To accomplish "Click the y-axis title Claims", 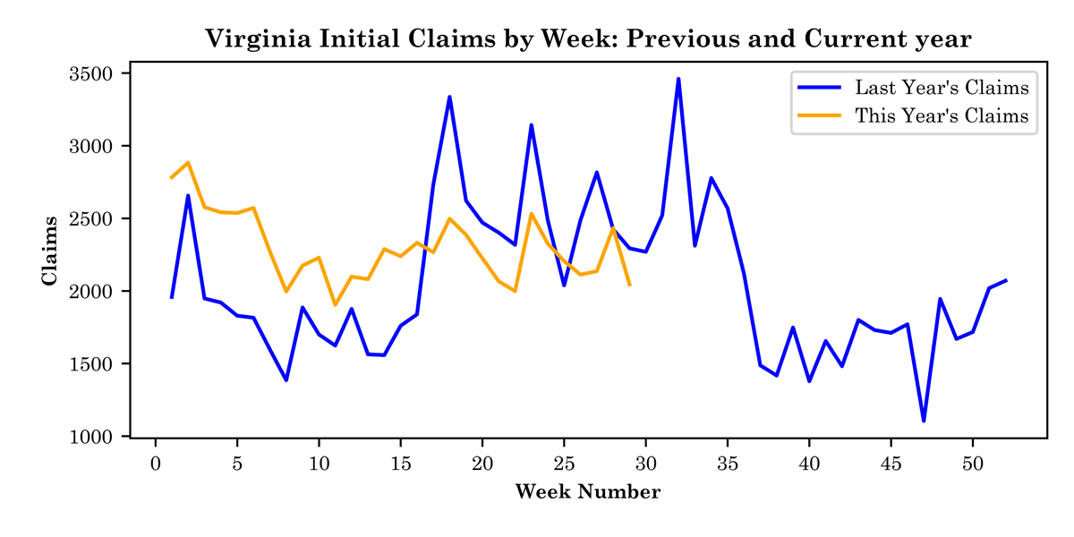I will pos(50,251).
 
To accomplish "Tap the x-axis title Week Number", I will pos(588,492).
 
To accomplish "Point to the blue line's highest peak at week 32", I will pos(678,79).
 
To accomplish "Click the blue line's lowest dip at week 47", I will pos(924,421).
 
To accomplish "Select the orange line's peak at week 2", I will pos(188,163).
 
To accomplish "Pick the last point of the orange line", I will pos(630,285).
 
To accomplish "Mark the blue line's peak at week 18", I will pos(449,97).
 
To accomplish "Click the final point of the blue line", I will pos(1006,280).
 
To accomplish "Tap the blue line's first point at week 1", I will pos(172,297).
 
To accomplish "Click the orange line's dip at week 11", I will pos(335,305).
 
